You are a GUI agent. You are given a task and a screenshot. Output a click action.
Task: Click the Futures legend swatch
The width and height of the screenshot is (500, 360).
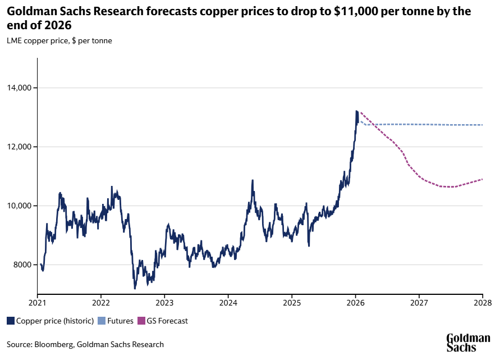tap(102, 321)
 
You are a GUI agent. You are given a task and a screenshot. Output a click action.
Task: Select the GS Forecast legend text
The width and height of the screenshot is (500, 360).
tap(167, 321)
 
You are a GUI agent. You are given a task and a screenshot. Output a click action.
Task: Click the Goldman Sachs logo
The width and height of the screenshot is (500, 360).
tap(468, 342)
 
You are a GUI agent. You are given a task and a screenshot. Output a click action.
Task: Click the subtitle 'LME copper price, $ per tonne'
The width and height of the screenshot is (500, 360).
tap(59, 40)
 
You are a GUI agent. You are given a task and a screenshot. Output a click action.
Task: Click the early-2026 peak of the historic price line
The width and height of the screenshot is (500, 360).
tap(356, 112)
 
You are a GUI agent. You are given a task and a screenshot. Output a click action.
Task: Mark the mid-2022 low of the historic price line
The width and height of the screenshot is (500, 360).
tap(135, 288)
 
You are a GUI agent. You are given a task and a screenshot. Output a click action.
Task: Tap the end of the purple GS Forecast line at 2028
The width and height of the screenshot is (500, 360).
tap(482, 180)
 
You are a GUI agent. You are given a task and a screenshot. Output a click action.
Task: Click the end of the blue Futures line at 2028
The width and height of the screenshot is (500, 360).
tap(482, 125)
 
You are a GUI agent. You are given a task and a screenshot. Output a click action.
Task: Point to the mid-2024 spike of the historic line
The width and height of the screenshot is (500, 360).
tap(253, 181)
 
